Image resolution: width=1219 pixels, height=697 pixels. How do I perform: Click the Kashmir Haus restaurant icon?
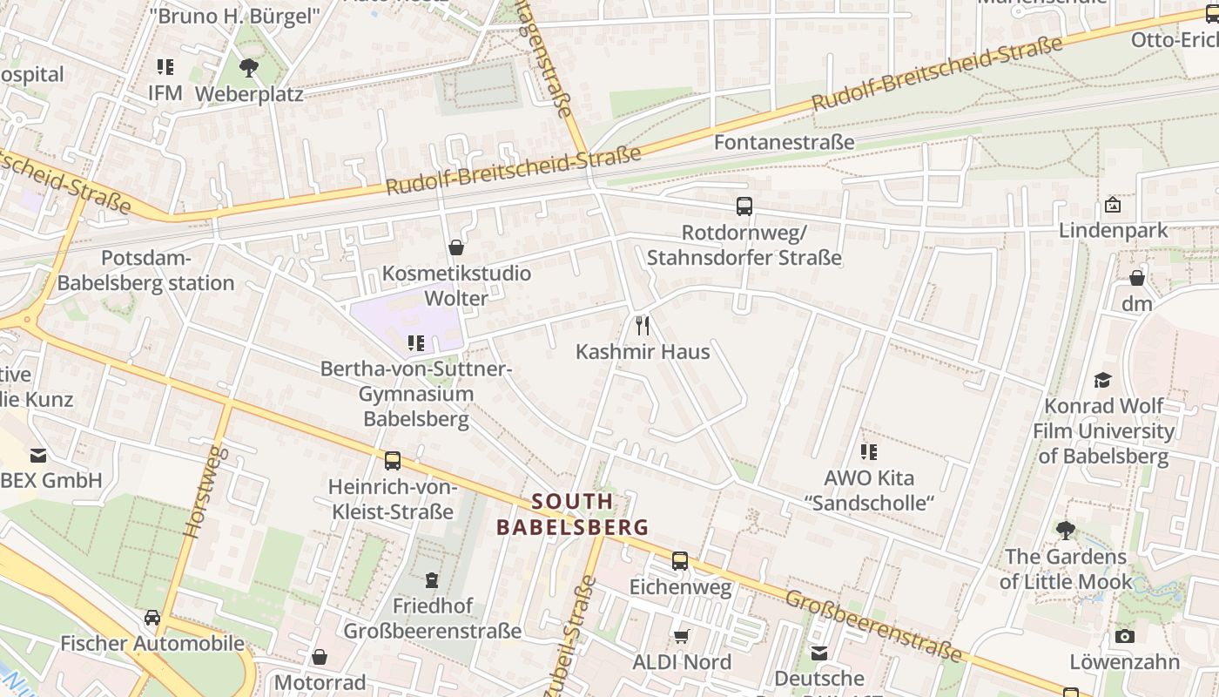pos(643,326)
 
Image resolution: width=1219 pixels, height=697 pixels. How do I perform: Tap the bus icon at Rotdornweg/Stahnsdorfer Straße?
pos(744,206)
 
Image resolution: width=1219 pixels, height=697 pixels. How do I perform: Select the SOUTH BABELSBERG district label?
pos(573,514)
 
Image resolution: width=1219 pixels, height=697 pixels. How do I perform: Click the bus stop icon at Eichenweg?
pos(680,561)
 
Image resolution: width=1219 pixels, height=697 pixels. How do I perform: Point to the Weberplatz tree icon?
pos(249,67)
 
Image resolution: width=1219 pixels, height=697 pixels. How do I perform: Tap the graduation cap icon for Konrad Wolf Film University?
pos(1103,380)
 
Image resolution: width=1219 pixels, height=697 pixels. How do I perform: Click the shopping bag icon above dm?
pos(1137,278)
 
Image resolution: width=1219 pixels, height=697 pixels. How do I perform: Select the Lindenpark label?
pos(1113,231)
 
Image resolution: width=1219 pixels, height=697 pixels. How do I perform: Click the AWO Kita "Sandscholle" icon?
pos(869,451)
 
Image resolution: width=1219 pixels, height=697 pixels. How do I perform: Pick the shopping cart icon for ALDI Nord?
pos(682,637)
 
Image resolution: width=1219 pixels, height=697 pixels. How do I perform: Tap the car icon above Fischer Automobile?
pos(152,617)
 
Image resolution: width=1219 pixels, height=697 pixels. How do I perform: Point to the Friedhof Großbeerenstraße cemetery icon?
pos(431,579)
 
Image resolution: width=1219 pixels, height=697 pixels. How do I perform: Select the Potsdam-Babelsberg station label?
pos(145,270)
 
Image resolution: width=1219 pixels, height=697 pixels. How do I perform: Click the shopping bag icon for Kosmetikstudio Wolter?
pos(455,247)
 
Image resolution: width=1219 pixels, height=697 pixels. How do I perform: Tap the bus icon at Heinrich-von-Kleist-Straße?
pos(393,460)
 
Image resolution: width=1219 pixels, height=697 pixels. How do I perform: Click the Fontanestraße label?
pos(784,141)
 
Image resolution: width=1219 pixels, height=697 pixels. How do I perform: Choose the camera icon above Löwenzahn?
pos(1125,636)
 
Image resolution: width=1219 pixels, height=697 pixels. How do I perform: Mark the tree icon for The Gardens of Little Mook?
pos(1066,530)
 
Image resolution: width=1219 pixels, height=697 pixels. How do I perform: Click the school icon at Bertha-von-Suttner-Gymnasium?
pos(416,343)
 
